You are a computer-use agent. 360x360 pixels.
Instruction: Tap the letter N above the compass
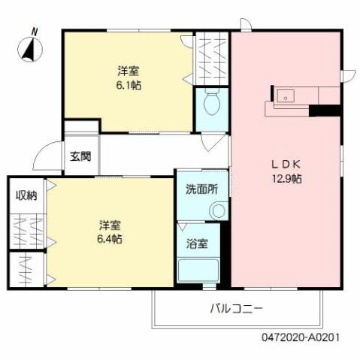coord(35,32)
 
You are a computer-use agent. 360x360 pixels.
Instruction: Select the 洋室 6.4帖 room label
coord(110,231)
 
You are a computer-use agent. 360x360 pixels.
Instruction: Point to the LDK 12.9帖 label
coord(286,172)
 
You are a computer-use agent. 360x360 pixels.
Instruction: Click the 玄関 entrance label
coord(80,157)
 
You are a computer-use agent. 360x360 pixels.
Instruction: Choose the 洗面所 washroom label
coord(201,189)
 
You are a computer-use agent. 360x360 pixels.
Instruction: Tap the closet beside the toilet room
coord(212,59)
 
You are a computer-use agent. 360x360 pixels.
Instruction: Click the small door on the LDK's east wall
coord(347,75)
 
